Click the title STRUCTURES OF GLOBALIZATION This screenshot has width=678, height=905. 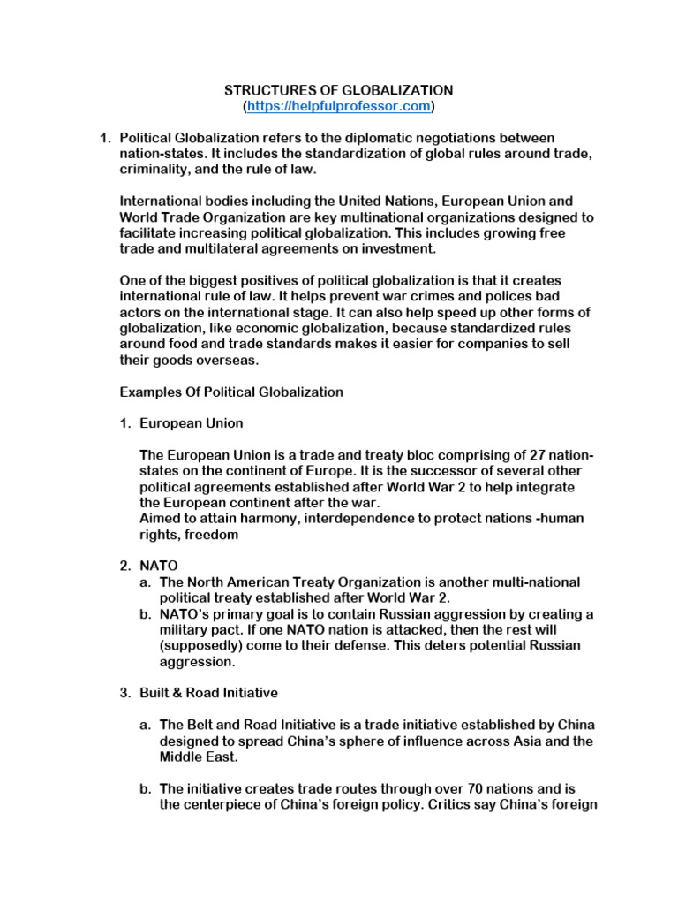(338, 90)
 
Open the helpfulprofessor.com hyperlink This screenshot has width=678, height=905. (339, 106)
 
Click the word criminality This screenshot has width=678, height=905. (154, 170)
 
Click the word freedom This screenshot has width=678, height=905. (210, 535)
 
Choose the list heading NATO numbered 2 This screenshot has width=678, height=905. (159, 566)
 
